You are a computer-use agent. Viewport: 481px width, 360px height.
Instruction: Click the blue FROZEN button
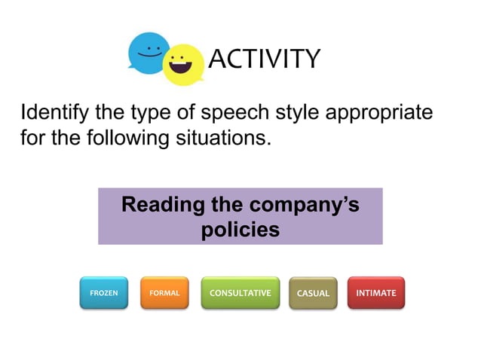[104, 292]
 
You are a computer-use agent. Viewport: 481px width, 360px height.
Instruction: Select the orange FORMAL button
[164, 292]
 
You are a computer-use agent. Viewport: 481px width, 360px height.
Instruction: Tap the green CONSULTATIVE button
[240, 292]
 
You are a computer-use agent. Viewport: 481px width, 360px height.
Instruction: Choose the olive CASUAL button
[313, 293]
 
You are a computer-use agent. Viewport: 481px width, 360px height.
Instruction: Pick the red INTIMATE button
[375, 292]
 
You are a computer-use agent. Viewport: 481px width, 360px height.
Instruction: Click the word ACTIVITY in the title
[264, 58]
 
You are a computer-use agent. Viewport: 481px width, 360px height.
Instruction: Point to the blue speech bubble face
[149, 52]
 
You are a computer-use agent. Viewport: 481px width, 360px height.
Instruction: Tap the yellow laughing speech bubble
[183, 65]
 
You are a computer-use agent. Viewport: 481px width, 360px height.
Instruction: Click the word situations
[219, 139]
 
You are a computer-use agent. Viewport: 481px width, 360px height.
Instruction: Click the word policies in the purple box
[240, 229]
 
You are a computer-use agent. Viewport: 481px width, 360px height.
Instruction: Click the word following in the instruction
[125, 139]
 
